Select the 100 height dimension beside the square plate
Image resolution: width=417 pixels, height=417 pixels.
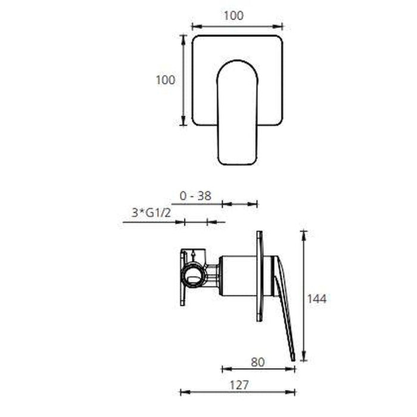[x=165, y=79]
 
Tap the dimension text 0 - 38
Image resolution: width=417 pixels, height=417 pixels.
[x=195, y=195]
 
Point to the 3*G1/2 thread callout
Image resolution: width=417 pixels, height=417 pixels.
[x=149, y=213]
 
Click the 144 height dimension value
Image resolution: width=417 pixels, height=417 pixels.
[x=316, y=299]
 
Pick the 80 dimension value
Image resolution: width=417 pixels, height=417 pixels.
[x=258, y=362]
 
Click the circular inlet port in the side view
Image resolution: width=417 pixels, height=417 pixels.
[x=194, y=275]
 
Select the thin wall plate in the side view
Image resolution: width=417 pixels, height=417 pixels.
[x=259, y=276]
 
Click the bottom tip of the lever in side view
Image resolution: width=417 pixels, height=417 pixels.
[x=292, y=357]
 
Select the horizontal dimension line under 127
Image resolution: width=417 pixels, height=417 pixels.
[x=238, y=392]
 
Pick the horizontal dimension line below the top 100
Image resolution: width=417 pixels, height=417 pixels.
[x=237, y=26]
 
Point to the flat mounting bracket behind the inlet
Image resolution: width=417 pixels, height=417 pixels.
[x=182, y=277]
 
